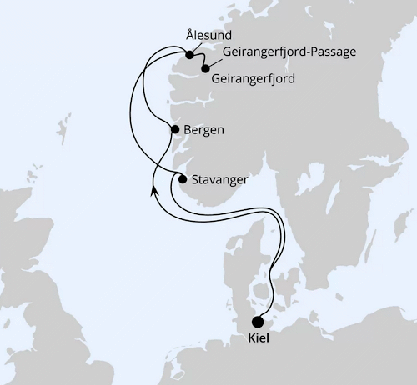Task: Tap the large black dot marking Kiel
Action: pyautogui.click(x=258, y=322)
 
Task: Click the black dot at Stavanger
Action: pyautogui.click(x=183, y=177)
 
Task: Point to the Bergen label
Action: pyautogui.click(x=204, y=130)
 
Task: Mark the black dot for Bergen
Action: pyautogui.click(x=174, y=129)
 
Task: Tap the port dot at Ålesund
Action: pyautogui.click(x=189, y=56)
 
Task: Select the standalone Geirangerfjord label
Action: pyautogui.click(x=254, y=79)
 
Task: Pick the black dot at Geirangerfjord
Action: pyautogui.click(x=205, y=69)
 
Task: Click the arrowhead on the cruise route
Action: pyautogui.click(x=154, y=192)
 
